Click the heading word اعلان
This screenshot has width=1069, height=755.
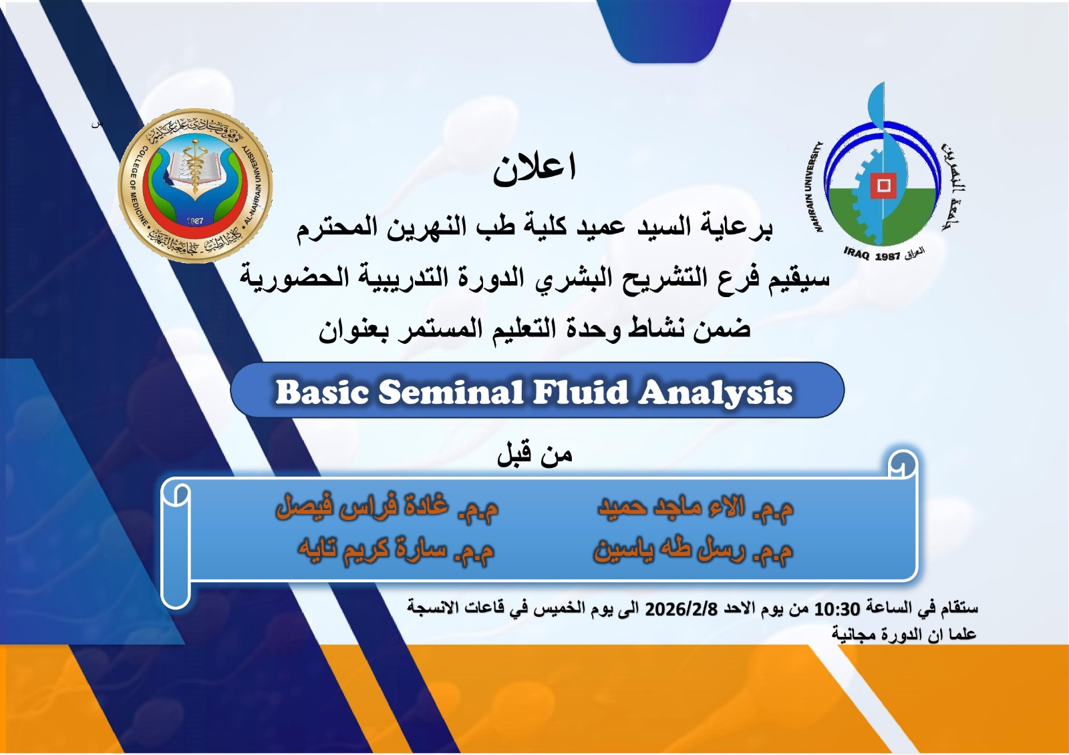534,168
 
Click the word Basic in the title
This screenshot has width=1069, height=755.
322,392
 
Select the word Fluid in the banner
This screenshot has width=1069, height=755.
580,392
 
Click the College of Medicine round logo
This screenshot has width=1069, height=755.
195,186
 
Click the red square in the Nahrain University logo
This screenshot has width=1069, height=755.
883,185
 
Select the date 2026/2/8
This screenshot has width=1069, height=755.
681,609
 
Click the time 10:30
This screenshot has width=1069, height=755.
836,609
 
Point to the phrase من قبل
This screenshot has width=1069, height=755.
534,455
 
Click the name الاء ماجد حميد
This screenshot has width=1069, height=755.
671,508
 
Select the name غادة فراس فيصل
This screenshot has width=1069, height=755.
362,507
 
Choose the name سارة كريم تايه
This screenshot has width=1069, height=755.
371,549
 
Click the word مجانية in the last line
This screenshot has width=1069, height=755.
853,634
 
